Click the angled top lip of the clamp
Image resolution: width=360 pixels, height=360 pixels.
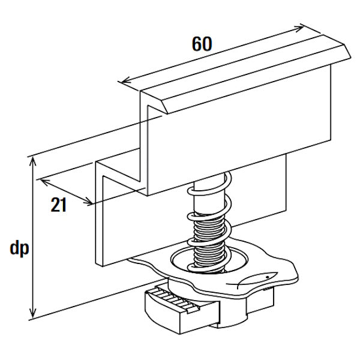point(252,66)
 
